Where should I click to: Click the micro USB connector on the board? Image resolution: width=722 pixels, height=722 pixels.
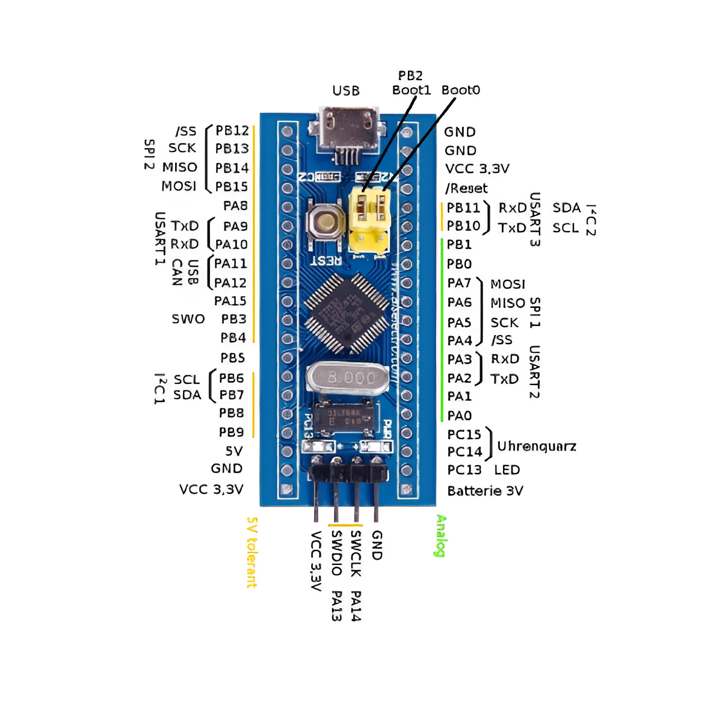[350, 129]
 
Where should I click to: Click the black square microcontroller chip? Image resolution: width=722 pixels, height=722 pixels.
[347, 313]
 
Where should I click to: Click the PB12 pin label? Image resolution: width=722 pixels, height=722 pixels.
[232, 131]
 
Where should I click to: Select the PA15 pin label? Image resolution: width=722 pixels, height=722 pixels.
[230, 301]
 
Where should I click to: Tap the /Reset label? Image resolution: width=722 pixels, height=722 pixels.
[466, 188]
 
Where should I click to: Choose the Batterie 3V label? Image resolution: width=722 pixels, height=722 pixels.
[485, 491]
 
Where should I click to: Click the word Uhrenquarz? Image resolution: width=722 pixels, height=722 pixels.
[537, 446]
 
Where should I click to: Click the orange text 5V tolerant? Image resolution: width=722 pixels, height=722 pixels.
[252, 552]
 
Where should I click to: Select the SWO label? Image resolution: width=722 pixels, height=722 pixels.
[188, 319]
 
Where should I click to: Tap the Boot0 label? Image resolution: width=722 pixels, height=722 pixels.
[461, 90]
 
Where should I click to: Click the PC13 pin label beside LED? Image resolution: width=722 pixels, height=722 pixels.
[464, 470]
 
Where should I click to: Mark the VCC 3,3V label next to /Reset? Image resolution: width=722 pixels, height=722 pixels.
[477, 169]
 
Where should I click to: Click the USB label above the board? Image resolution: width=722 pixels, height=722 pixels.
[346, 91]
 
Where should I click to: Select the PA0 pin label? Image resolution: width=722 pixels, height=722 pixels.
[460, 416]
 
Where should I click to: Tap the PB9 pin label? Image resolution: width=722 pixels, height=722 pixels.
[232, 432]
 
